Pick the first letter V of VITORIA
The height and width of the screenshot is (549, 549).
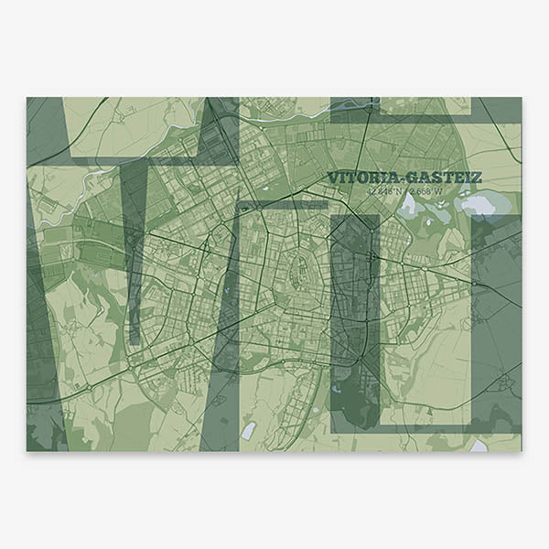[x=332, y=177]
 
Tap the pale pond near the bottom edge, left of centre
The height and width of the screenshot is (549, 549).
[x=248, y=429]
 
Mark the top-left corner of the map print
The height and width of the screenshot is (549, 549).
[x=27, y=97]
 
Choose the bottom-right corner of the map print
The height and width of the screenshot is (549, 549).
[x=522, y=451]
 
